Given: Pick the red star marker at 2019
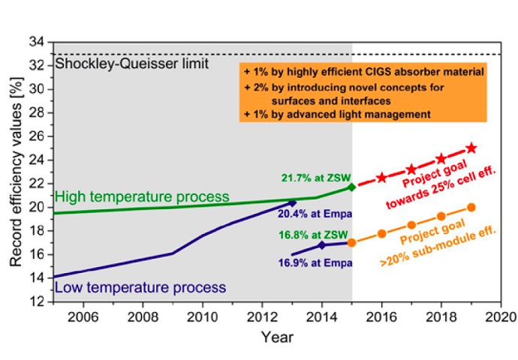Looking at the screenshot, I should click(471, 148).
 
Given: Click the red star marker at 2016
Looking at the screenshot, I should click(381, 178).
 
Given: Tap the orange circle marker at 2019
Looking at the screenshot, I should click(471, 207).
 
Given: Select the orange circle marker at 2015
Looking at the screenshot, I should click(351, 242).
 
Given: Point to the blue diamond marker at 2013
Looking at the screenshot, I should click(293, 202).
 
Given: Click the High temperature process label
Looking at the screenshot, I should click(143, 196).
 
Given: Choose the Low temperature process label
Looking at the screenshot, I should click(140, 287).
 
